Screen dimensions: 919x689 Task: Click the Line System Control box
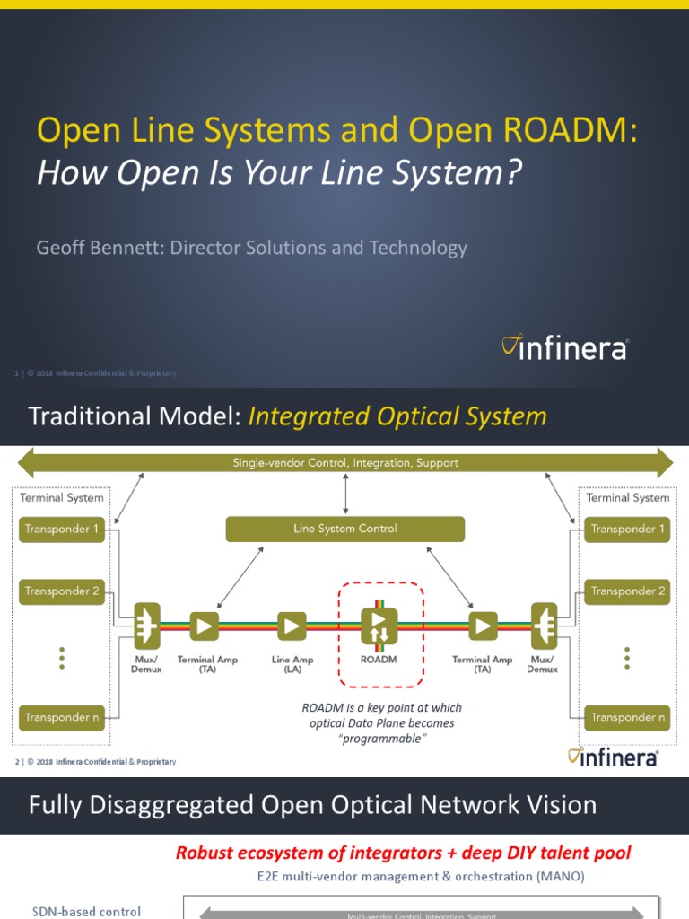point(344,529)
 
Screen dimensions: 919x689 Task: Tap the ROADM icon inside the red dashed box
point(378,626)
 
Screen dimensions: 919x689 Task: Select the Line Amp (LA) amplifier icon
point(292,626)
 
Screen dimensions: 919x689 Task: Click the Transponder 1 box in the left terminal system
point(62,529)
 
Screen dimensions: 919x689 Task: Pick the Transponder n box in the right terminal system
point(628,717)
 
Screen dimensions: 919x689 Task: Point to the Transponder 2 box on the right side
point(628,591)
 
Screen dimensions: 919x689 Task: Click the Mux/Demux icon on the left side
point(146,626)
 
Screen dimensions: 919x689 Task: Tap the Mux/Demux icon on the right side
point(543,626)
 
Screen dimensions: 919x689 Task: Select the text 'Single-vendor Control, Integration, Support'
point(344,463)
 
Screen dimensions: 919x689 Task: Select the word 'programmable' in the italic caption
point(382,739)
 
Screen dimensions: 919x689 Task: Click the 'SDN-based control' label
point(86,911)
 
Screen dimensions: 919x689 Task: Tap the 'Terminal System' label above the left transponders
point(62,497)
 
